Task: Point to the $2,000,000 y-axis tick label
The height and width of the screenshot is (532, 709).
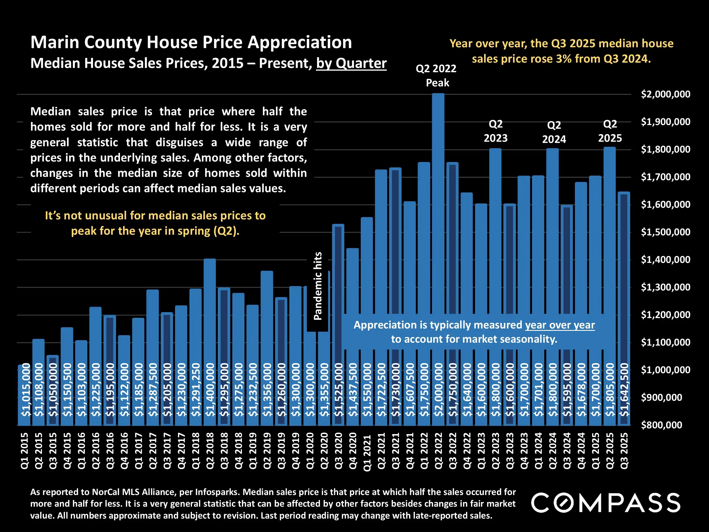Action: [x=665, y=94]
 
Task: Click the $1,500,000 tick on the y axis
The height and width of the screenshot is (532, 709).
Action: [x=665, y=232]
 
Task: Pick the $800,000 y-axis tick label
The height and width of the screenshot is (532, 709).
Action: [x=662, y=425]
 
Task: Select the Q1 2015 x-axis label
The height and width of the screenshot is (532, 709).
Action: [x=25, y=451]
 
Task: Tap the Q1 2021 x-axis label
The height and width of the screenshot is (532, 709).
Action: [x=367, y=452]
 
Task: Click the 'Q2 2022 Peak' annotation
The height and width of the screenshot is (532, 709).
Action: [x=436, y=76]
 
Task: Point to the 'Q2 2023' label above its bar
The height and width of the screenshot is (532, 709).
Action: [x=495, y=131]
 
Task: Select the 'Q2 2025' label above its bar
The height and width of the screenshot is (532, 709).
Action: [x=610, y=131]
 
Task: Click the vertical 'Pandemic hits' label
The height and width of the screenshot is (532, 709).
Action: [x=318, y=286]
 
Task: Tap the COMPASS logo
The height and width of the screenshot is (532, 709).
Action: [x=605, y=502]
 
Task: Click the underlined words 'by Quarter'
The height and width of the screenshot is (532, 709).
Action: [x=351, y=63]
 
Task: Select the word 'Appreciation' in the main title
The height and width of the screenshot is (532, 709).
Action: [x=300, y=42]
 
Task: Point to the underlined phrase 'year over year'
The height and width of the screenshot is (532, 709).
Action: [x=560, y=325]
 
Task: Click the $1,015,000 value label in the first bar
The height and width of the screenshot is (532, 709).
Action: [x=25, y=390]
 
